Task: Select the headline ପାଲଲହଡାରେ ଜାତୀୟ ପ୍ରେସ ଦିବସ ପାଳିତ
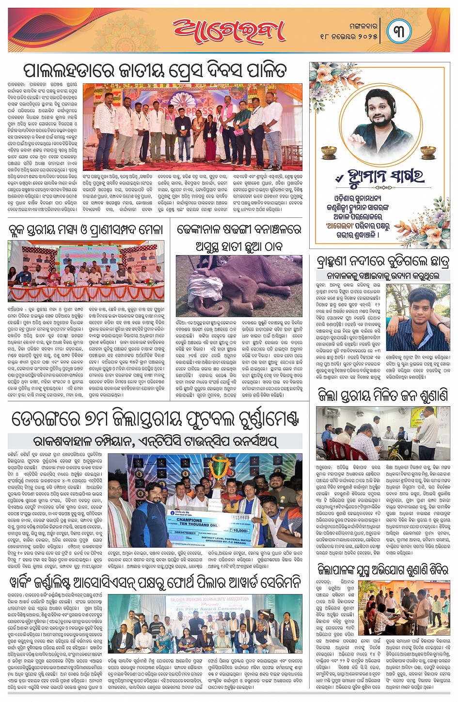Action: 155,71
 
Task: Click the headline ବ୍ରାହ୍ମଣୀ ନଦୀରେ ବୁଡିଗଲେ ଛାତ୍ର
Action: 382,261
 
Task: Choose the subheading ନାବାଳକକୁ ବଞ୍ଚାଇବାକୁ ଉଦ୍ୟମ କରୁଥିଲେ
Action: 382,275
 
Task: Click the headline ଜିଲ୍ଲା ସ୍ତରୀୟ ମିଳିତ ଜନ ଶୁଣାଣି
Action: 382,396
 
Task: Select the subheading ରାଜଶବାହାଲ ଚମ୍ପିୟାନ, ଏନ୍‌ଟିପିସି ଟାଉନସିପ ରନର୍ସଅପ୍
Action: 155,441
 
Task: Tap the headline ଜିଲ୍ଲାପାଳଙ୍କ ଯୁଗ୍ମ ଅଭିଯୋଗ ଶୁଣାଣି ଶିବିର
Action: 382,569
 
